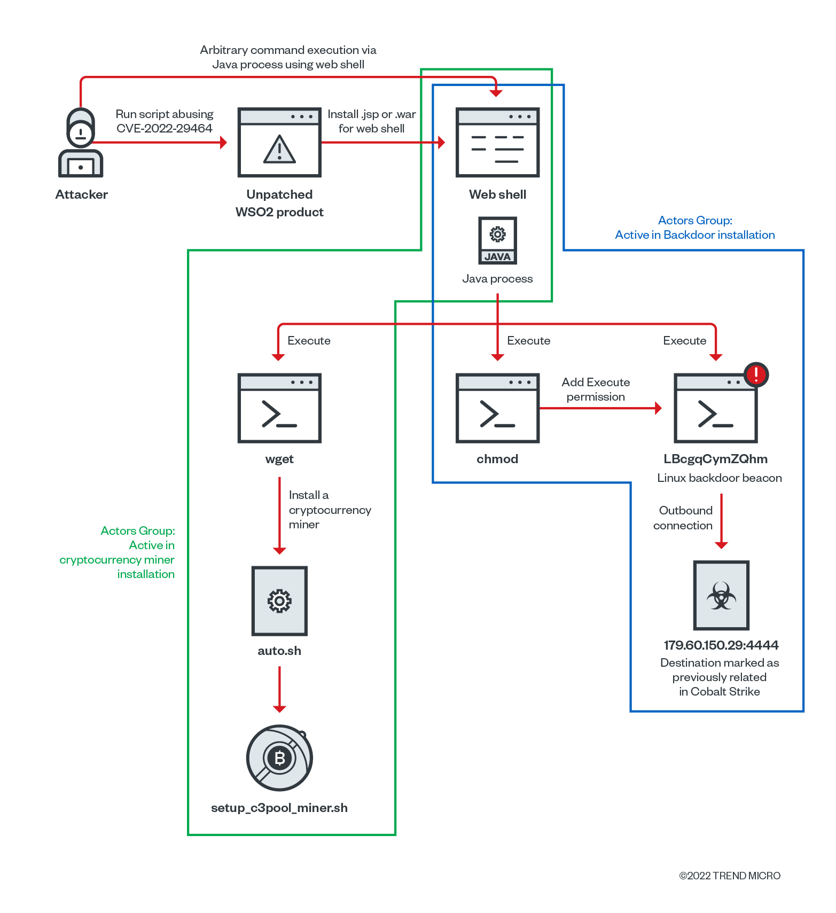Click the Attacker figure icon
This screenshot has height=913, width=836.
click(81, 143)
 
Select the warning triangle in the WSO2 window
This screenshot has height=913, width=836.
click(279, 149)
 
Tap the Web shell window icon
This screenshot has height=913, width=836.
click(497, 143)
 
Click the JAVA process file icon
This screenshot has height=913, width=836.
click(497, 240)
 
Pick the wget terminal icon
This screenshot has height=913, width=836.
click(279, 408)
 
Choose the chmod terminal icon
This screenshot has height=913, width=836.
click(497, 408)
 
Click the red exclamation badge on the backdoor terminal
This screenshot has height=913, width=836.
click(756, 374)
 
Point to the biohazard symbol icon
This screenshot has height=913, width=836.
click(721, 596)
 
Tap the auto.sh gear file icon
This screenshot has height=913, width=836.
click(279, 601)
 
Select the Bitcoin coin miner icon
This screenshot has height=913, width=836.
click(279, 758)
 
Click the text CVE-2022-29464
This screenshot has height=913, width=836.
click(165, 128)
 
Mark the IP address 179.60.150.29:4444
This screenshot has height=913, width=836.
click(721, 645)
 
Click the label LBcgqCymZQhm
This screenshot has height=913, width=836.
click(715, 459)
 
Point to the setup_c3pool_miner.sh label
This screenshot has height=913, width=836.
click(279, 808)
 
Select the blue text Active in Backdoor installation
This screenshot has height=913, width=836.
click(694, 235)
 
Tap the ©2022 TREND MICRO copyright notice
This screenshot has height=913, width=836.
click(730, 876)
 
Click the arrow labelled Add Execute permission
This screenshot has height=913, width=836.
click(600, 408)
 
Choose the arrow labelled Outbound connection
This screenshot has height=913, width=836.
click(721, 521)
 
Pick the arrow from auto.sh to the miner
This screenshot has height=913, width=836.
click(279, 689)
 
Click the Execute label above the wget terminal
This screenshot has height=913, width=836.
click(309, 341)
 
